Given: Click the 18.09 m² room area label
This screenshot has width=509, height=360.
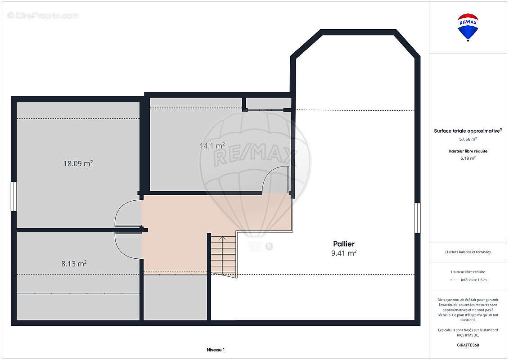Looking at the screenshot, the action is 78,163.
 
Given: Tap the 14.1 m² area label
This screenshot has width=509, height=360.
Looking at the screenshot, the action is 212,146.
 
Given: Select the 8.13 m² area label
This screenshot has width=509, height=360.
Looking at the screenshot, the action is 74,264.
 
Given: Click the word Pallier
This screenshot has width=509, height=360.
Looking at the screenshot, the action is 344,244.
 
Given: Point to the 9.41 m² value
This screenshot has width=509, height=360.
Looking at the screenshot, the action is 344,253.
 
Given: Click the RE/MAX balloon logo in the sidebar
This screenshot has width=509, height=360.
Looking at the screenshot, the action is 468,27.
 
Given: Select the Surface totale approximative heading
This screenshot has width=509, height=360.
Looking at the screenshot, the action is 468,131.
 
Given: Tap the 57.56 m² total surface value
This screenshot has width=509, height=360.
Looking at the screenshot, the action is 468,139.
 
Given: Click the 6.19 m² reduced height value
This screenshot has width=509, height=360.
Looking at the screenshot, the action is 468,158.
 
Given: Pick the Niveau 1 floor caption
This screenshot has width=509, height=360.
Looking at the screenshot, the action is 216,350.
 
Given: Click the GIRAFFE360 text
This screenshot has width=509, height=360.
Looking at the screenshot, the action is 468,345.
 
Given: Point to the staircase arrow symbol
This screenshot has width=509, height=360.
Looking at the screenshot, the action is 222,239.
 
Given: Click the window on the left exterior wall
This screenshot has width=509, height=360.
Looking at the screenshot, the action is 14,196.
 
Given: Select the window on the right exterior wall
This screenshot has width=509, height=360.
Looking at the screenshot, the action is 418,218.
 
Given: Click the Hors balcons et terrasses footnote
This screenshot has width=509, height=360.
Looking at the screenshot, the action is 468,252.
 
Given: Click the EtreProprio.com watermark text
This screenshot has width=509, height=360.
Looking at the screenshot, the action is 43,15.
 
